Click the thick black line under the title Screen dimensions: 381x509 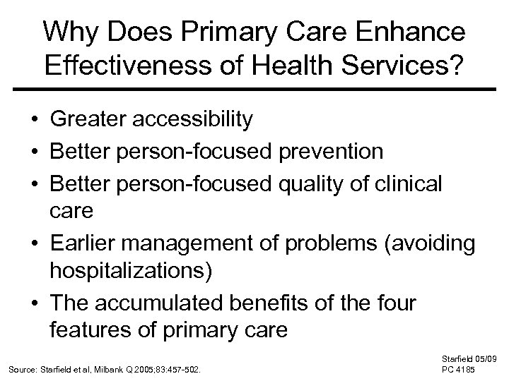pyautogui.click(x=255, y=90)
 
